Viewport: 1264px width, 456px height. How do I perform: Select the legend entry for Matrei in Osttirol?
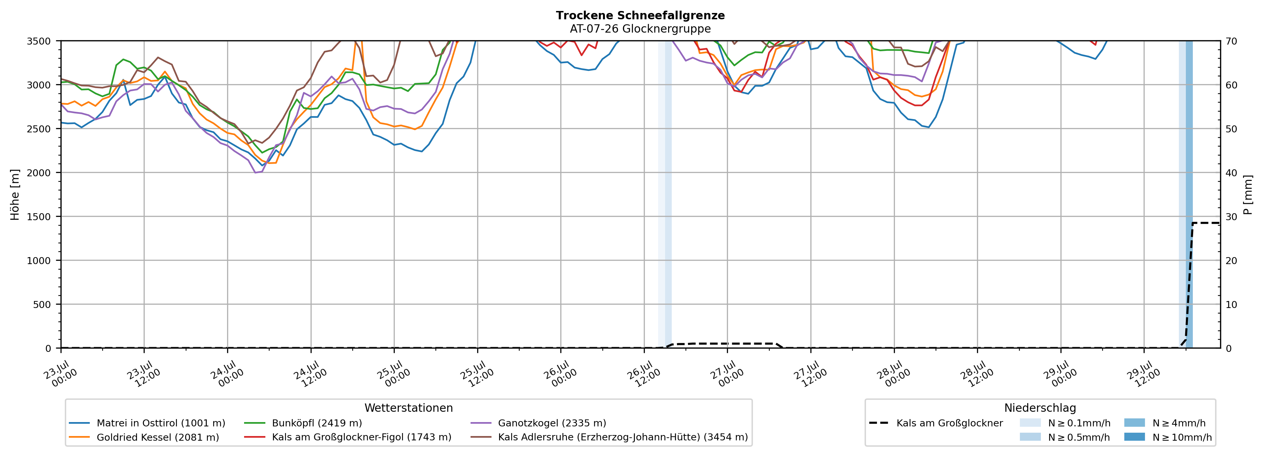tap(147, 423)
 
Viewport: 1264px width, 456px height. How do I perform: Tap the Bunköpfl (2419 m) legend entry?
tap(303, 423)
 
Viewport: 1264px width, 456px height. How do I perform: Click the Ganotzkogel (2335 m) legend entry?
tap(538, 423)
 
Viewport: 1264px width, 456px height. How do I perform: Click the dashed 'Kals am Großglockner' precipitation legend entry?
tap(936, 423)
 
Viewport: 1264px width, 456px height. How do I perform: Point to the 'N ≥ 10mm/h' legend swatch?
tap(1134, 437)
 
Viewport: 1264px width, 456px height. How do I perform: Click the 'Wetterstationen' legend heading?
tap(409, 408)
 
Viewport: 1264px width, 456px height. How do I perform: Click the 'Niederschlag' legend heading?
tap(1040, 408)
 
